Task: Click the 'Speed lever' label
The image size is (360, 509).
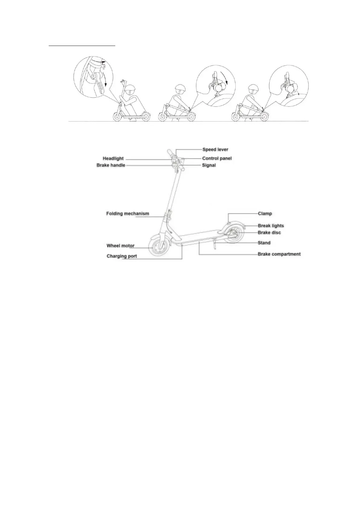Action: click(x=215, y=149)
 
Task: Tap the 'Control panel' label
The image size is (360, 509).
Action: click(x=217, y=158)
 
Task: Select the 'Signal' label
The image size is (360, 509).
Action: click(x=209, y=165)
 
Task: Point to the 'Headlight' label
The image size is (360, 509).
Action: click(x=113, y=158)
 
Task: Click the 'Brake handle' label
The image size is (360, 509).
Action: click(x=111, y=165)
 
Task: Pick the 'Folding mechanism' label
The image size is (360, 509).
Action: click(x=128, y=214)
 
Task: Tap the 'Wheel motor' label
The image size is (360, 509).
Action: click(x=120, y=246)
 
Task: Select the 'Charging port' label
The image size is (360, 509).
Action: click(x=122, y=256)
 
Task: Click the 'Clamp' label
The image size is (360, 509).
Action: click(x=265, y=214)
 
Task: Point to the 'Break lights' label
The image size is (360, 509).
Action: click(x=271, y=226)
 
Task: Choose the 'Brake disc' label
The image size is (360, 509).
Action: click(x=269, y=233)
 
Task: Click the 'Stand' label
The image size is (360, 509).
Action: click(x=264, y=243)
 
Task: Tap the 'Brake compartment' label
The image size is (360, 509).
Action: click(x=279, y=254)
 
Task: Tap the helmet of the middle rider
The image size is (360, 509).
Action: click(x=180, y=89)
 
